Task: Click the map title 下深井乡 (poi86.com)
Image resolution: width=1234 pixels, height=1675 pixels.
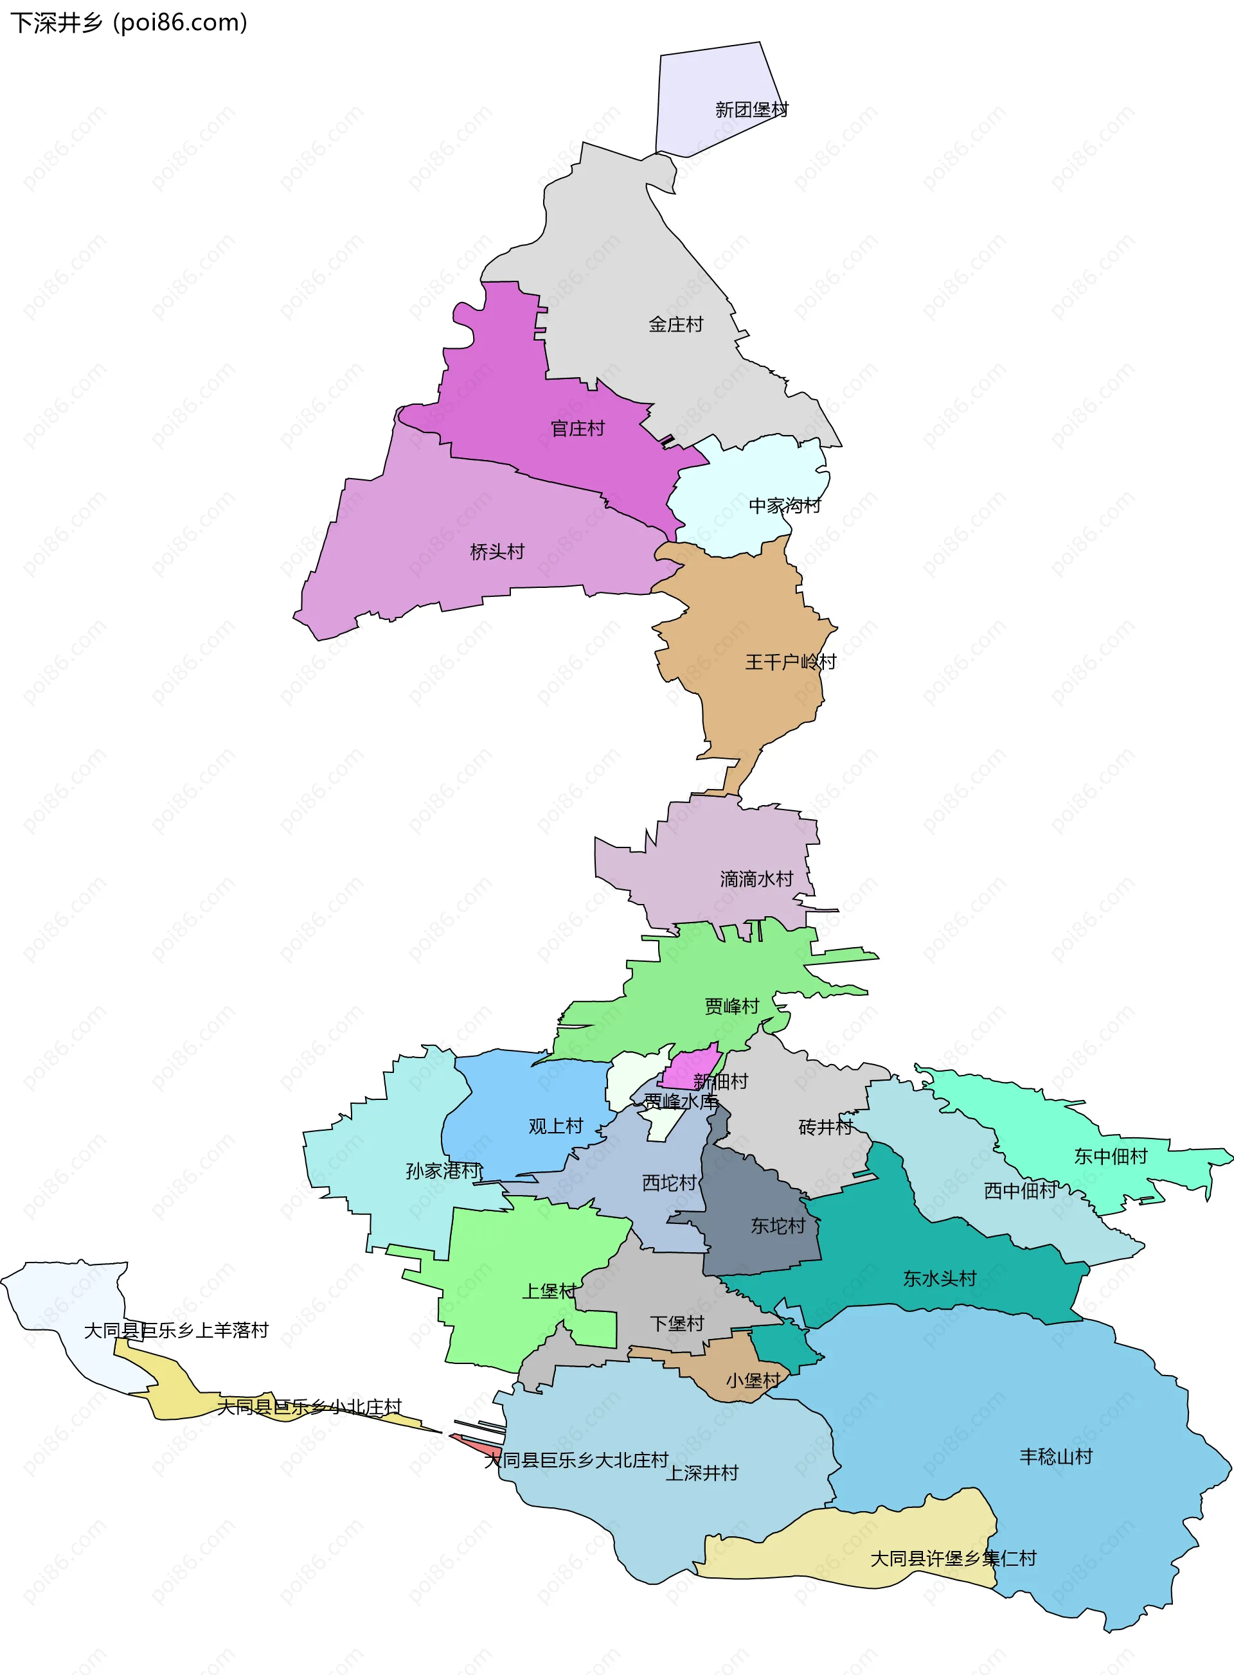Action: pyautogui.click(x=129, y=22)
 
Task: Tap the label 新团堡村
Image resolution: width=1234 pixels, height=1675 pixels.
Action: pyautogui.click(x=751, y=110)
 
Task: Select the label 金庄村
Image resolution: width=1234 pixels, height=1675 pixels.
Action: pyautogui.click(x=675, y=324)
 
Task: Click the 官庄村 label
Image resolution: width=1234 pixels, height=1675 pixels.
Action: pyautogui.click(x=577, y=429)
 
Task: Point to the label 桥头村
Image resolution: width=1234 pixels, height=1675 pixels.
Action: pyautogui.click(x=497, y=552)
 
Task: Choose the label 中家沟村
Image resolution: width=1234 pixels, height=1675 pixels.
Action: pyautogui.click(x=784, y=506)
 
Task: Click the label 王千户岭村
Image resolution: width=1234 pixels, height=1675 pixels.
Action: pyautogui.click(x=791, y=662)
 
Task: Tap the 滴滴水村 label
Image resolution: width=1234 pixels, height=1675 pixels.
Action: pyautogui.click(x=756, y=879)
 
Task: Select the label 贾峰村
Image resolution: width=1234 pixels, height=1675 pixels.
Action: pyautogui.click(x=731, y=1006)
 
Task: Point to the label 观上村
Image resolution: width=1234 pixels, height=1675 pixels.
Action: pyautogui.click(x=555, y=1126)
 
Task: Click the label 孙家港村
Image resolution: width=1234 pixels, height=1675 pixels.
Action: pyautogui.click(x=443, y=1170)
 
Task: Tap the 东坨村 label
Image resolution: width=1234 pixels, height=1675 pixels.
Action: pyautogui.click(x=778, y=1225)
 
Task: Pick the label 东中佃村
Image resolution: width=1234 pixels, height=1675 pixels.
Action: pyautogui.click(x=1110, y=1156)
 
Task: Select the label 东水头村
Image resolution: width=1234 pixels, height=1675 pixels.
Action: pyautogui.click(x=939, y=1279)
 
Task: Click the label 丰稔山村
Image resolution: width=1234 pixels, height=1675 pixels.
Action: pyautogui.click(x=1055, y=1456)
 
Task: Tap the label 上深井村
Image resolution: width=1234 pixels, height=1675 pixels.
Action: pyautogui.click(x=701, y=1473)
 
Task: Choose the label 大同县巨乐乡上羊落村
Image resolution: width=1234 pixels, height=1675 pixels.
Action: pyautogui.click(x=175, y=1330)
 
